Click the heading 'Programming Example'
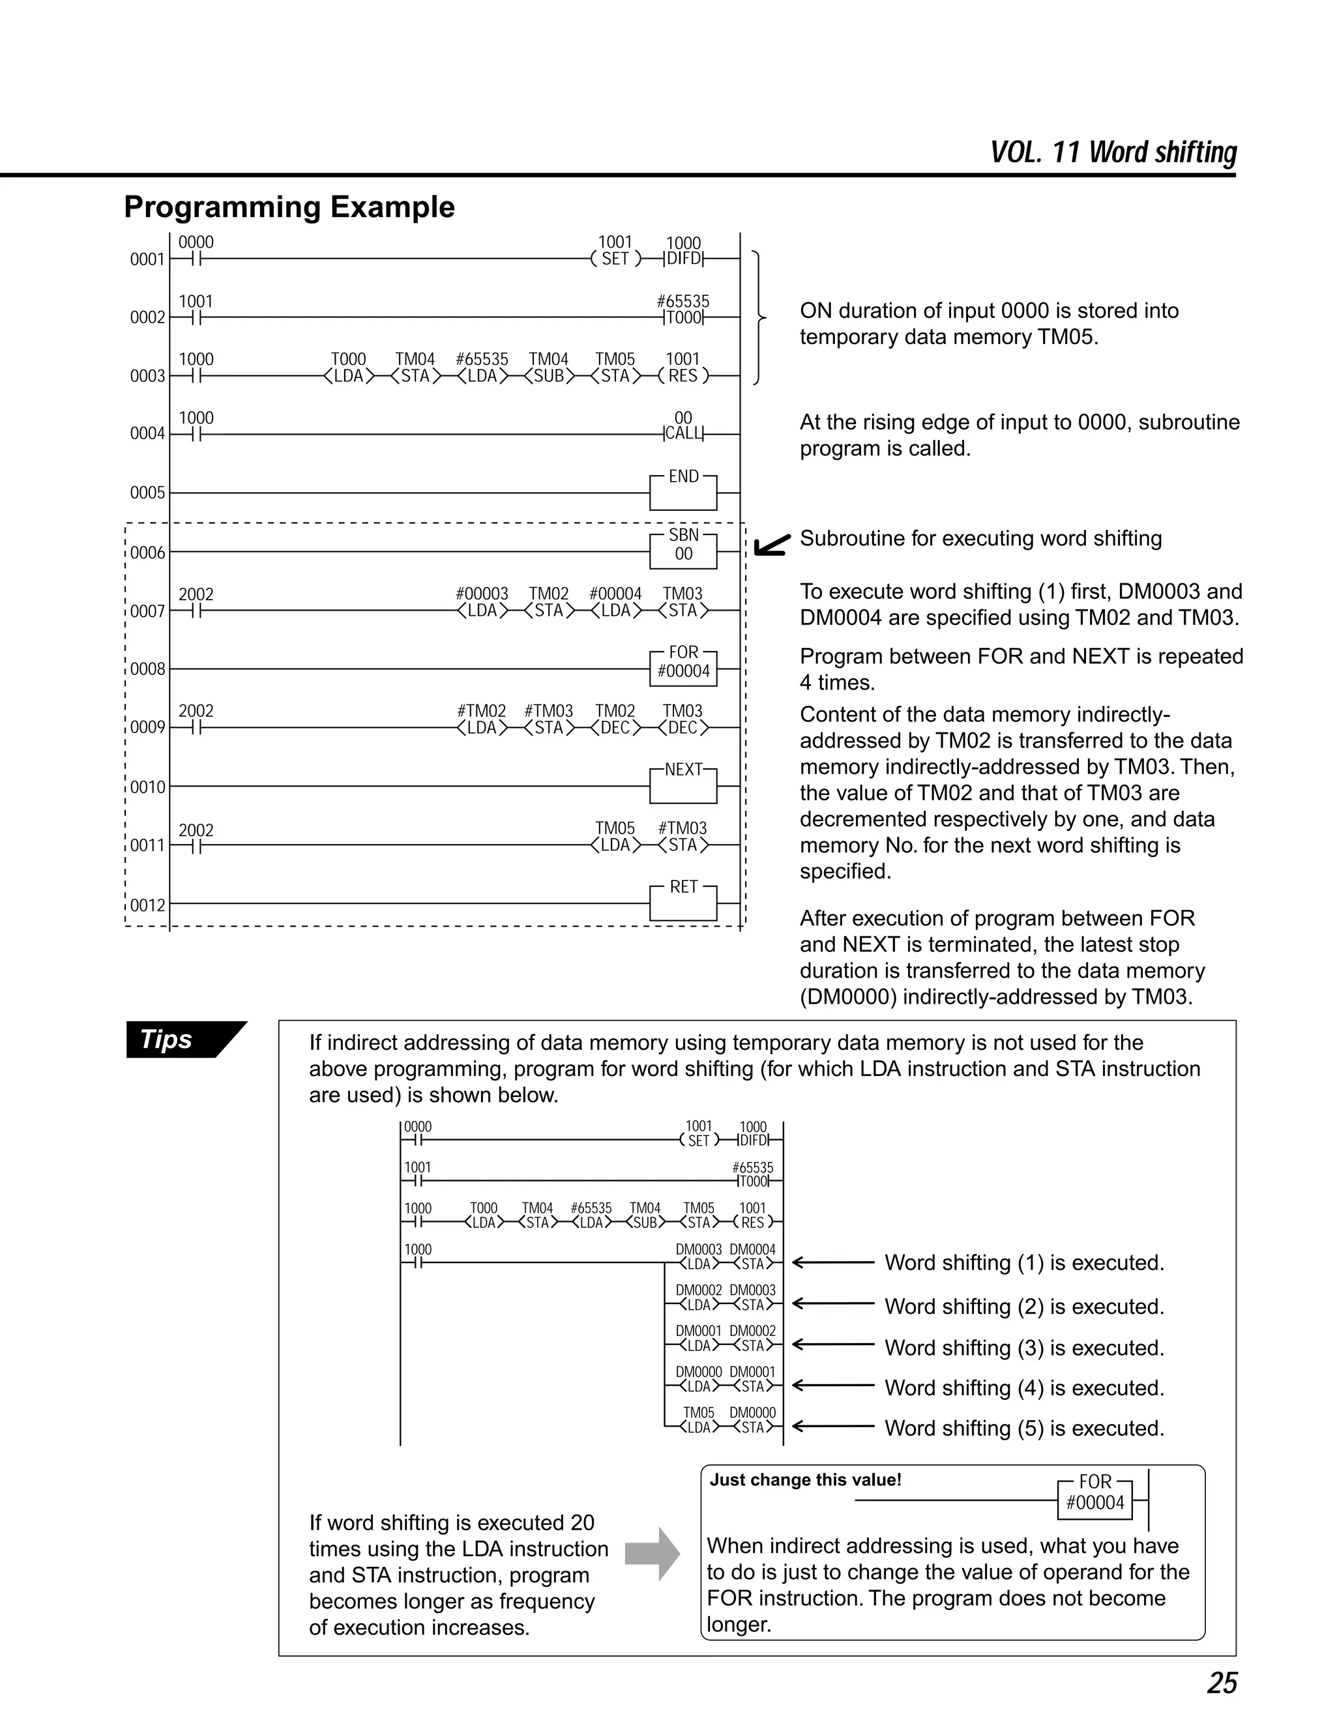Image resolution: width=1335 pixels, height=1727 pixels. (x=289, y=207)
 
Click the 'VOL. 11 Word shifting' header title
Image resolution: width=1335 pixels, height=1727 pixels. (x=1113, y=152)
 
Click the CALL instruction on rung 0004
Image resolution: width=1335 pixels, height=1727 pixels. (x=683, y=433)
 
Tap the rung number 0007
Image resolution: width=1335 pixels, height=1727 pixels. (x=147, y=611)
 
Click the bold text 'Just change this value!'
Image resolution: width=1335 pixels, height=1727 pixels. (x=805, y=1479)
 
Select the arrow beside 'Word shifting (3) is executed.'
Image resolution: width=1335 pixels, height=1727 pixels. (x=833, y=1344)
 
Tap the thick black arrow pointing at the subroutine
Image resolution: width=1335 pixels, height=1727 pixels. (x=771, y=545)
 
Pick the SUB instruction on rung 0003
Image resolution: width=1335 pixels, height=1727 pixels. (x=549, y=375)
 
